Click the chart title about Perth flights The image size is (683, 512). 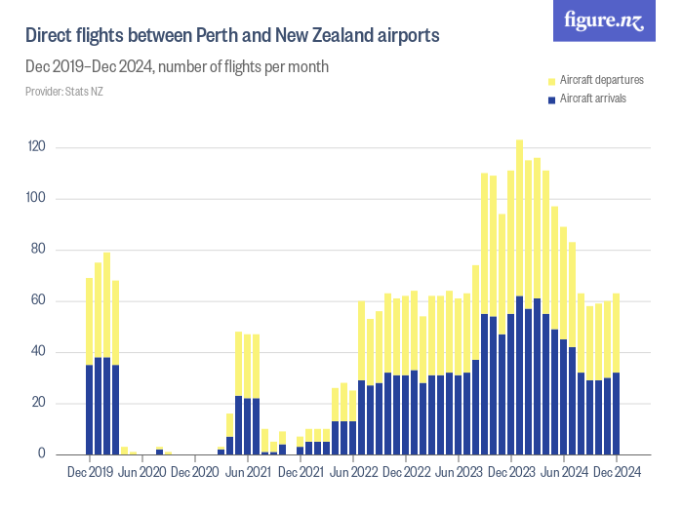coord(232,35)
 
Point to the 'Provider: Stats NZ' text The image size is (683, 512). coord(63,92)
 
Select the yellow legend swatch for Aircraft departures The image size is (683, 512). coord(552,80)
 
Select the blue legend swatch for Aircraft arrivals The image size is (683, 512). coord(552,98)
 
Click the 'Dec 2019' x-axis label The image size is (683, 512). coord(90,473)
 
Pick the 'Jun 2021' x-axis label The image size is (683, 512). coord(248,473)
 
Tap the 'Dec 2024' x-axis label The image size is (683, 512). coord(616,473)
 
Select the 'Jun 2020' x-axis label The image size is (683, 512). coord(142,473)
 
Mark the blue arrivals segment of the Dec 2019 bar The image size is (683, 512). coord(90,410)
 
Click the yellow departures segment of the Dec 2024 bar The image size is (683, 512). coord(616,333)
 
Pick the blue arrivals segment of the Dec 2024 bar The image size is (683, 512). coord(616,414)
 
